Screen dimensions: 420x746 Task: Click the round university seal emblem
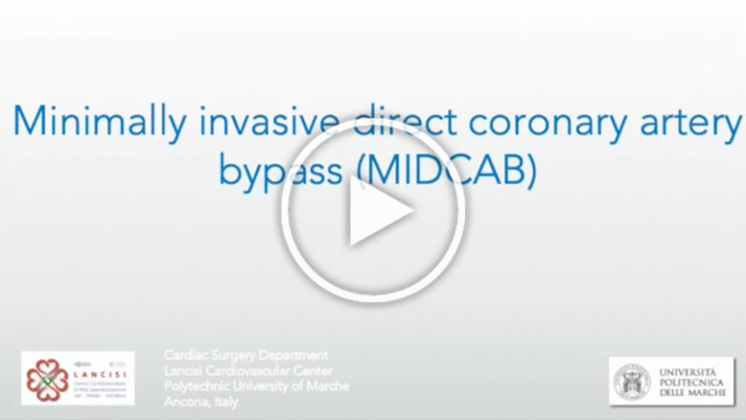point(631,380)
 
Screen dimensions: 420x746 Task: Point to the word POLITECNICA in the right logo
point(692,381)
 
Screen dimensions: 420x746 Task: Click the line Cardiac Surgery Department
point(246,356)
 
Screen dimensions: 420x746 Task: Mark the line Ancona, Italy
point(199,402)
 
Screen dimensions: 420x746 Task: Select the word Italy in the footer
point(221,402)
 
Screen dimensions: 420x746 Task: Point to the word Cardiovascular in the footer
point(254,371)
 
